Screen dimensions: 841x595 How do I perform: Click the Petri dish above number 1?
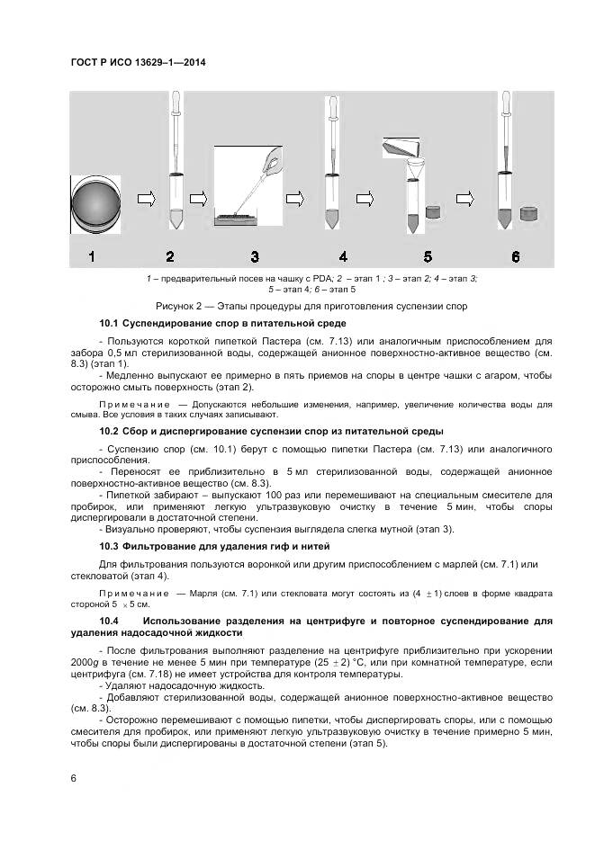tap(95, 201)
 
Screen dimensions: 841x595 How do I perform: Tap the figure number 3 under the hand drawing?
tap(255, 257)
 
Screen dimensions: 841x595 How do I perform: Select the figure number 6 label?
tap(515, 257)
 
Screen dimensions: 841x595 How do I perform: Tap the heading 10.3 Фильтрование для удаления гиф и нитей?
tap(214, 546)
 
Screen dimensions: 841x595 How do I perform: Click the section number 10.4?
tap(111, 621)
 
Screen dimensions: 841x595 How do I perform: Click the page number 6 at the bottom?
tap(73, 776)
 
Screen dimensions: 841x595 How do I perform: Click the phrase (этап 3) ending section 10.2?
tap(435, 530)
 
